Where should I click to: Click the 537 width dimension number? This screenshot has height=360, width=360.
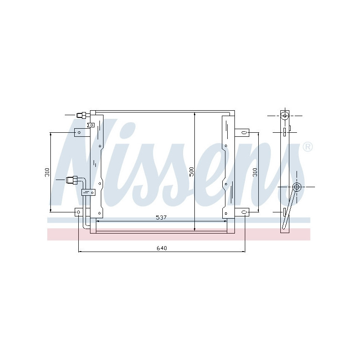click(161, 218)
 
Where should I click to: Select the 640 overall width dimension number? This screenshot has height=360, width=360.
click(162, 248)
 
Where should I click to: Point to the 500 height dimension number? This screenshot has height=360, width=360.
click(191, 171)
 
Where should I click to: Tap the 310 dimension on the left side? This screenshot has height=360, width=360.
click(47, 171)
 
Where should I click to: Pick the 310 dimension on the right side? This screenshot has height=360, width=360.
click(255, 171)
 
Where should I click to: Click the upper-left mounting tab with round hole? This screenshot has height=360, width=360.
click(80, 132)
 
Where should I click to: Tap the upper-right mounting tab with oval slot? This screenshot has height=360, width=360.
click(242, 132)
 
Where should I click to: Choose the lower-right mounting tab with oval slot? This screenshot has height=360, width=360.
click(242, 211)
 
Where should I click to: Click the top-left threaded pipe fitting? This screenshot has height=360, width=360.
click(81, 115)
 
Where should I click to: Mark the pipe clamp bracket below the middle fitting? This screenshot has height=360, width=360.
click(88, 193)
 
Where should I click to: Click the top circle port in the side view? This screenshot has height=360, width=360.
click(285, 115)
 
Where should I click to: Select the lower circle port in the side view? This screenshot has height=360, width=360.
click(296, 187)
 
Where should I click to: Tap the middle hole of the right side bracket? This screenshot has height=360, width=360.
click(225, 183)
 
